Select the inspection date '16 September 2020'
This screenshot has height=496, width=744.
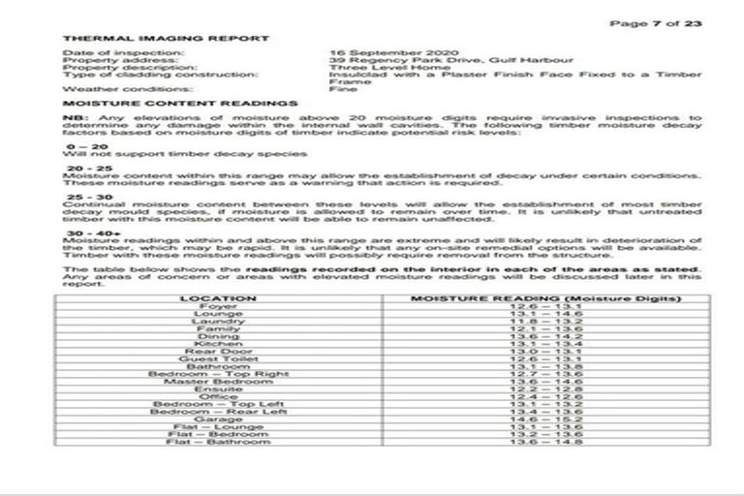[x=383, y=52]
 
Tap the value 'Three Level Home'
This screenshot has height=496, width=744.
[x=373, y=68]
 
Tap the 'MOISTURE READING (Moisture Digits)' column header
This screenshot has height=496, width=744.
[x=544, y=298]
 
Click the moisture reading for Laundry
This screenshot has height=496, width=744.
[x=544, y=321]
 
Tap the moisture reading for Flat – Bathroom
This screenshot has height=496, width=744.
[x=544, y=442]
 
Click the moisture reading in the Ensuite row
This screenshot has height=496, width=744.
[x=544, y=389]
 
